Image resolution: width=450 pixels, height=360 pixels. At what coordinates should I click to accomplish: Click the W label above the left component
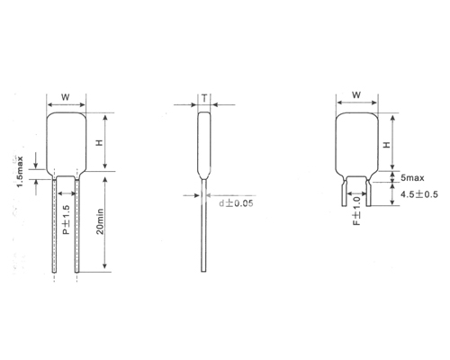tap(66, 97)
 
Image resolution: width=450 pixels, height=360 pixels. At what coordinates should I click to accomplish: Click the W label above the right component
tap(356, 95)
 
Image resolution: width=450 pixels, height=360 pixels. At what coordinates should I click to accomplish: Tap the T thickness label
tap(204, 98)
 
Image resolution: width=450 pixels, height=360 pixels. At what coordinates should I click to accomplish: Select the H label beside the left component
tap(99, 142)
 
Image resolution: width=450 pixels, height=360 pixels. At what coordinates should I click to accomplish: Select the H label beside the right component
tap(387, 145)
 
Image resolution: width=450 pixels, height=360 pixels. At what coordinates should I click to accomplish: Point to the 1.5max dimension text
tap(20, 172)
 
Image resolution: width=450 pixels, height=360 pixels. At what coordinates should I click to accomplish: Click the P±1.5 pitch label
tap(66, 220)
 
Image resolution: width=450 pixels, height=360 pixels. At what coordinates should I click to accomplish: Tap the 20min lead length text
tap(100, 221)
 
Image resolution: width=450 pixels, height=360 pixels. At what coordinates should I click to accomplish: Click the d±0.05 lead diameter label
tap(236, 203)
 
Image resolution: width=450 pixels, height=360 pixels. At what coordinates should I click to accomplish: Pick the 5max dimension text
tap(412, 178)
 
